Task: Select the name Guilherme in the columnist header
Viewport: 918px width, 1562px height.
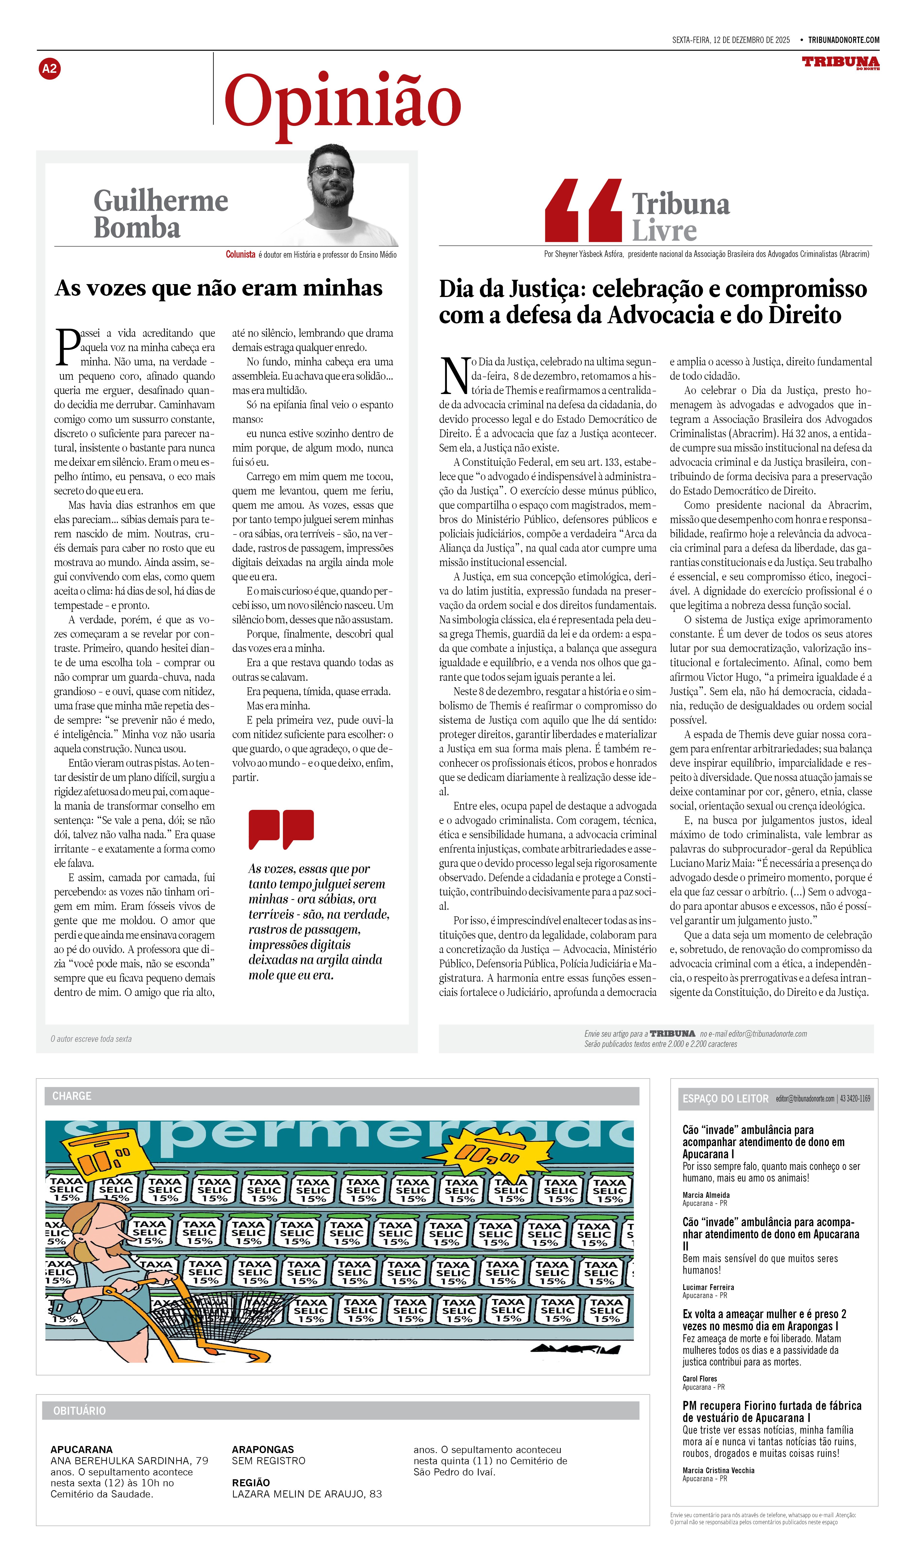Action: coord(161,201)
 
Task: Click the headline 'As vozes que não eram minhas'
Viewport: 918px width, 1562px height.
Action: coord(218,288)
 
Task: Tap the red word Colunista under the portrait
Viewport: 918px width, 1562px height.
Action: coord(240,254)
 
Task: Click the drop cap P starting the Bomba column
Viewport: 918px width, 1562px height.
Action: coord(67,347)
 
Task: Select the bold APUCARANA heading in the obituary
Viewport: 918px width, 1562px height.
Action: coord(81,1449)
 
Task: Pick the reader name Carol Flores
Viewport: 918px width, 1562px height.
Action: coord(700,1379)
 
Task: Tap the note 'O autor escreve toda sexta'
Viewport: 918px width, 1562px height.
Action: coord(91,1039)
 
